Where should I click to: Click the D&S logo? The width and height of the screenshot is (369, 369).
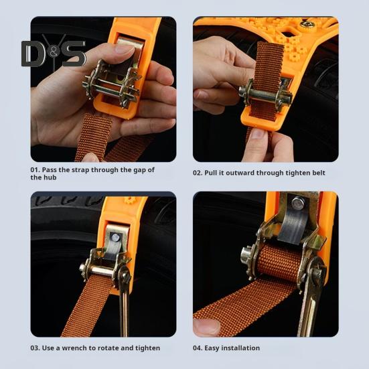click(x=53, y=54)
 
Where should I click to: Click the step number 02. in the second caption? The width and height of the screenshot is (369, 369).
click(x=200, y=173)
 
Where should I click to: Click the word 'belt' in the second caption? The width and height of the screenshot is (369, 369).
click(x=318, y=173)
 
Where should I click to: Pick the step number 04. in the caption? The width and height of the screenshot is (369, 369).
click(x=200, y=348)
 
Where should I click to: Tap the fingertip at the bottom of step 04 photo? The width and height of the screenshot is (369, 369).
click(x=208, y=326)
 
